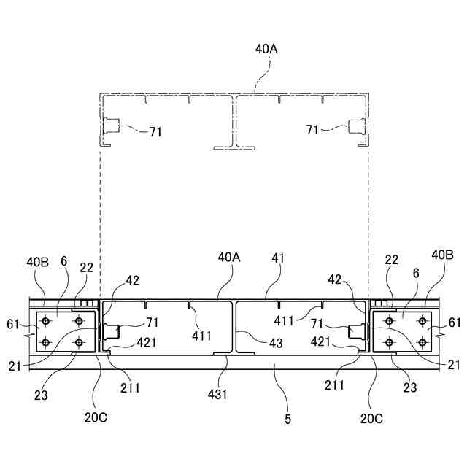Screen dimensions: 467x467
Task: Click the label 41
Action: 278,258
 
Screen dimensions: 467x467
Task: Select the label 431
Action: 218,394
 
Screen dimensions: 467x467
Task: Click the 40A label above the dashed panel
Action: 266,49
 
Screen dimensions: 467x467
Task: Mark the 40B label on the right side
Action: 442,255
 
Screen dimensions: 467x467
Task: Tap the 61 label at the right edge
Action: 454,322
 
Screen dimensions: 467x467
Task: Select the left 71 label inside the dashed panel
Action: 155,132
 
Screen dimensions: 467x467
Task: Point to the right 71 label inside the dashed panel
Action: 312,129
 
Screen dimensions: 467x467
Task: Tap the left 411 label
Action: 201,336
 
